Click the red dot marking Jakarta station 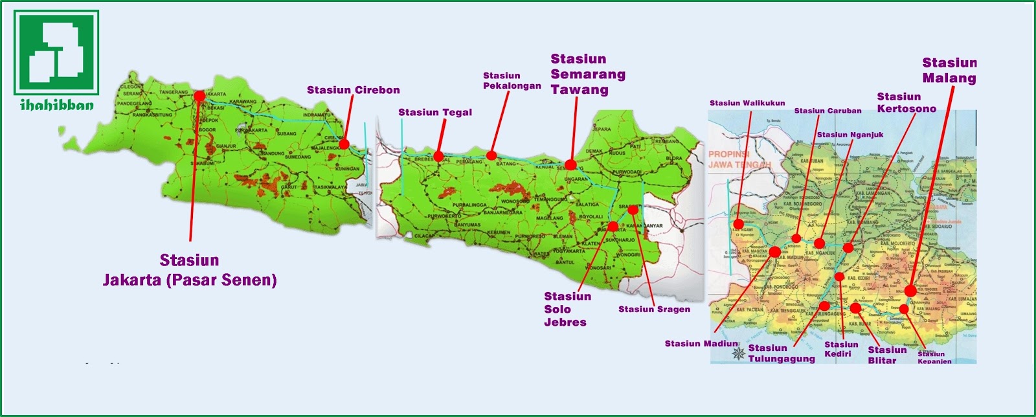point(199,96)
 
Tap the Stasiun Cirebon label point(353,90)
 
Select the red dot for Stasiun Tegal point(438,156)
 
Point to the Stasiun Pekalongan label point(511,81)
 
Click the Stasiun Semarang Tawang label point(587,74)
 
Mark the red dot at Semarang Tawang point(570,164)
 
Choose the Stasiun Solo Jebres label point(567,309)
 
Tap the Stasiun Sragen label point(654,310)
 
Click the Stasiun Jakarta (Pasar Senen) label point(190,270)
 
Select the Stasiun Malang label point(949,71)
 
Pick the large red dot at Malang point(910,291)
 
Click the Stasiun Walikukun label point(747,103)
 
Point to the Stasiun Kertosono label point(906,103)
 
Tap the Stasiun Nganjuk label point(850,135)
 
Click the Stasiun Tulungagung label point(781,353)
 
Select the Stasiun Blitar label point(886,355)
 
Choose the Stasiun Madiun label point(701,344)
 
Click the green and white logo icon point(56,52)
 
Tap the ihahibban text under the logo point(56,105)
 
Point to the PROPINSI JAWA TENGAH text point(739,159)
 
